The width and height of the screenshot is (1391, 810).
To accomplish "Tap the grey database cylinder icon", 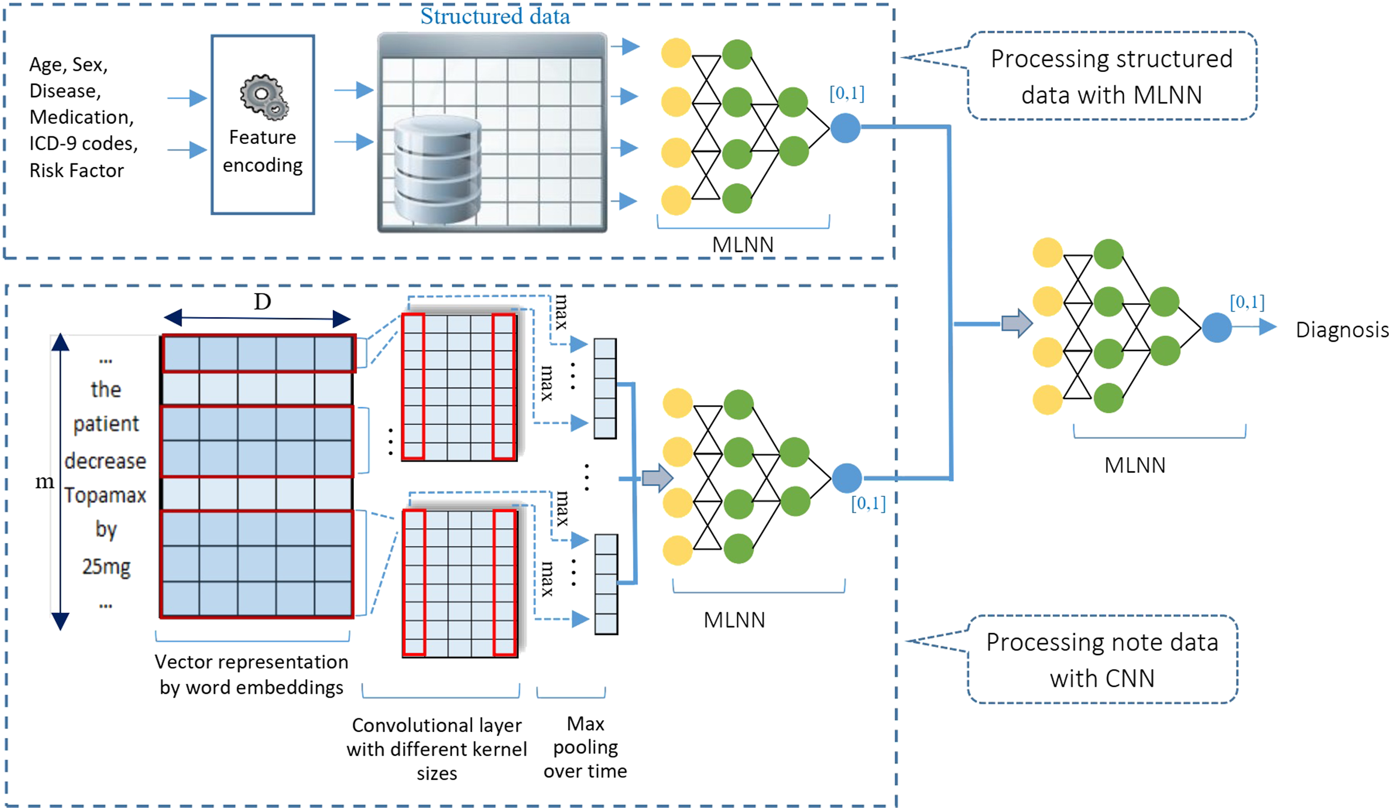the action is click(438, 169).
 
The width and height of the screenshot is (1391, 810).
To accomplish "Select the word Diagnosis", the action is click(1343, 329).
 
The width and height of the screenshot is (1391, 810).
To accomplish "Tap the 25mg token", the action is click(107, 567).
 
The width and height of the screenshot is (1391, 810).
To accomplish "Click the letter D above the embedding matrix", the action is click(262, 301).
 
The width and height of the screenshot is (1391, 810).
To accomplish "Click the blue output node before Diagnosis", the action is click(1217, 327).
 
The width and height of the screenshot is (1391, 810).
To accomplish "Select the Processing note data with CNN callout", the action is click(1102, 660).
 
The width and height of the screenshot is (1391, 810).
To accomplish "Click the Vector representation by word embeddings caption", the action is click(252, 674).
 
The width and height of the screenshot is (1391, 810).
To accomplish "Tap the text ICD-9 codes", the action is click(83, 144).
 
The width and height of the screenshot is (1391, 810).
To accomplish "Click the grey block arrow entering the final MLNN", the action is click(1017, 323).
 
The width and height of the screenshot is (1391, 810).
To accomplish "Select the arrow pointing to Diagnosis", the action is click(1254, 327).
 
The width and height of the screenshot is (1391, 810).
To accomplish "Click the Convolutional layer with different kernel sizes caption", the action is click(437, 749).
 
